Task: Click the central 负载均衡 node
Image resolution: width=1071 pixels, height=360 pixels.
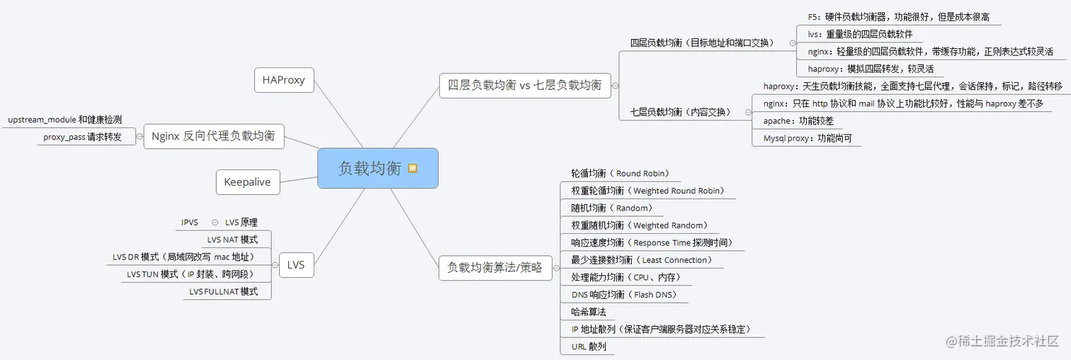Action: click(x=370, y=169)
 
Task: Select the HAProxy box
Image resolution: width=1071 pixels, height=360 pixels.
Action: click(x=283, y=80)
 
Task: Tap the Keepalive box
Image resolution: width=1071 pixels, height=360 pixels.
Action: click(x=247, y=182)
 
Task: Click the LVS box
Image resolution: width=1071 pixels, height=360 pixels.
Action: click(x=296, y=265)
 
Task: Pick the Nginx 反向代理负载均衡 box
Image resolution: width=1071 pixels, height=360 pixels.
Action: click(x=213, y=136)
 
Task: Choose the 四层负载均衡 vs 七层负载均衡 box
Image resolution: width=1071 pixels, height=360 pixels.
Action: click(x=524, y=85)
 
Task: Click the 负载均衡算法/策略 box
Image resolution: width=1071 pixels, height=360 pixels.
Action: click(x=495, y=267)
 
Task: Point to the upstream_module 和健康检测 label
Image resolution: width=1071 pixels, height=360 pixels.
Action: click(x=64, y=120)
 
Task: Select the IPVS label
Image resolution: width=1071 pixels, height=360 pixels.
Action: click(x=189, y=223)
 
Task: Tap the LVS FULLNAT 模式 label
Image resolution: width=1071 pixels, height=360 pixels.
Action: click(x=223, y=291)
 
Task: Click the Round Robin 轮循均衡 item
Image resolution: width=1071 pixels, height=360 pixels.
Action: click(x=620, y=173)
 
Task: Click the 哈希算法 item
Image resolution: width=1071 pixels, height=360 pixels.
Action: click(x=588, y=312)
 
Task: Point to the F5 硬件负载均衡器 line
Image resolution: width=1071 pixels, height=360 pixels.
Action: click(x=898, y=16)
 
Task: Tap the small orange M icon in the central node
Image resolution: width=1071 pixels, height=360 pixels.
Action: click(x=412, y=169)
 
